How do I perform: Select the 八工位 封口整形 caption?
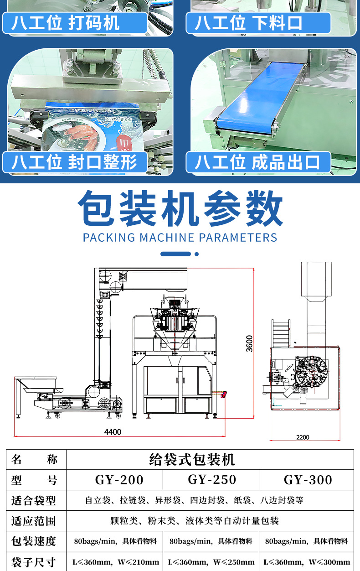[75, 162]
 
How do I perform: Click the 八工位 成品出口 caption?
[258, 162]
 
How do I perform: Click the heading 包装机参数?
[180, 210]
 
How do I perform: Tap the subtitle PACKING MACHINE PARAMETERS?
[180, 238]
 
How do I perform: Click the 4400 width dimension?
[113, 431]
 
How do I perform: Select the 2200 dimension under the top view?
[303, 437]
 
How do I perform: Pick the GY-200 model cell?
[119, 480]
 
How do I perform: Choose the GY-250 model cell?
[212, 480]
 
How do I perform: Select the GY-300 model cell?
[308, 480]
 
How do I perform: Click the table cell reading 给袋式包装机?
[192, 459]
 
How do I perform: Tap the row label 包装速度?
[34, 541]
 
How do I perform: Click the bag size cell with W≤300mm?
[308, 562]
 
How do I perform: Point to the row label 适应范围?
[34, 521]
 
